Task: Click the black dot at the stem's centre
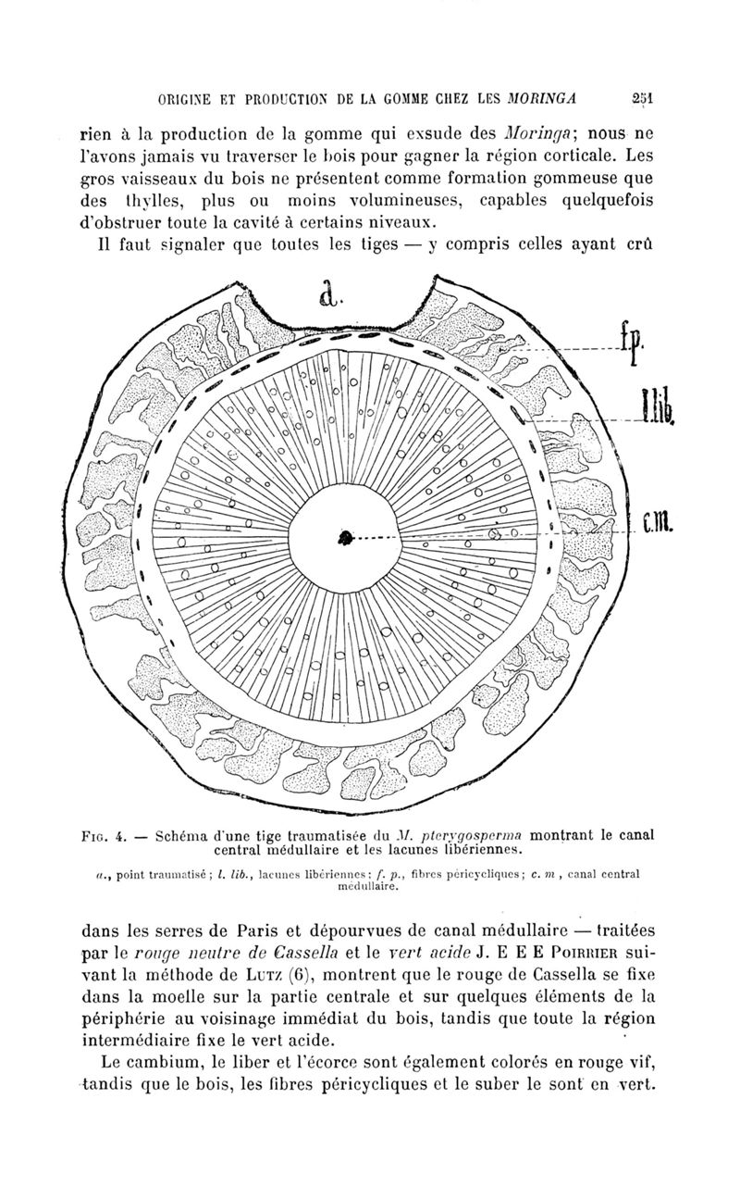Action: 346,537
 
